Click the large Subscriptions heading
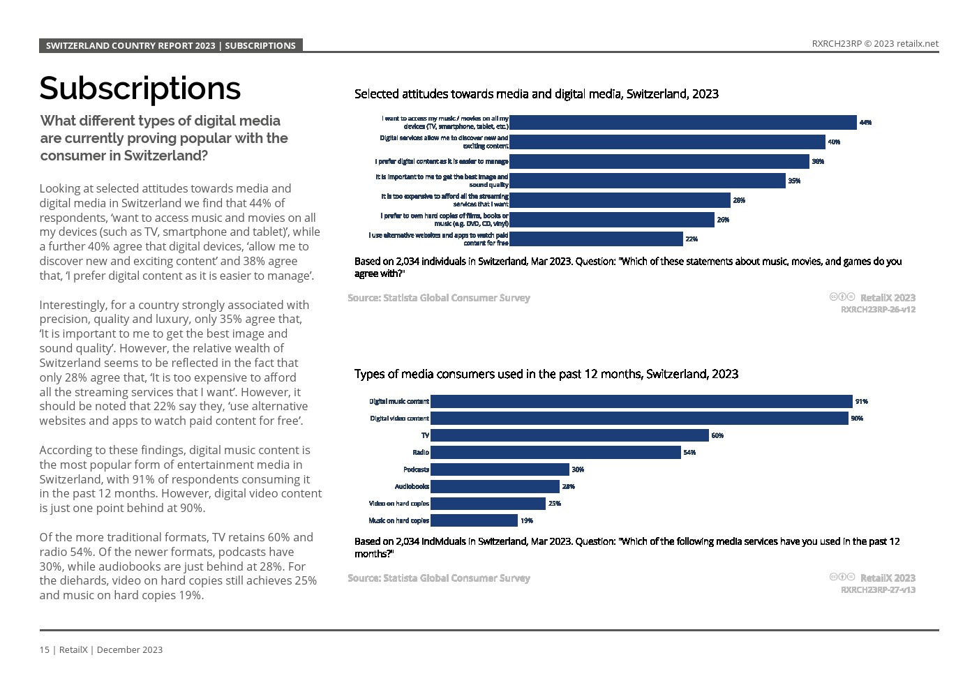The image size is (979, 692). click(x=140, y=89)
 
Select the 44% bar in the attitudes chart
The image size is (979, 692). click(x=682, y=122)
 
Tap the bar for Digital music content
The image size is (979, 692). click(x=641, y=401)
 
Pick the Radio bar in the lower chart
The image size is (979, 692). click(x=555, y=452)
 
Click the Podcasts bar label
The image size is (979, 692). click(x=416, y=469)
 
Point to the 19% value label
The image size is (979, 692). click(x=527, y=520)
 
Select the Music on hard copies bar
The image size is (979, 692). click(x=474, y=520)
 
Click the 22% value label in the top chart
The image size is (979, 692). click(x=692, y=239)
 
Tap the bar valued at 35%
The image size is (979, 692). click(x=647, y=181)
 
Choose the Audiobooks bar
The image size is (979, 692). click(x=495, y=486)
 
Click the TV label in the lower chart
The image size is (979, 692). click(x=425, y=435)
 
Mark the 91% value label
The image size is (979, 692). click(x=862, y=401)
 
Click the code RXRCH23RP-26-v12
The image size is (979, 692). click(x=878, y=309)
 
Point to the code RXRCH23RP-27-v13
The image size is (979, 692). click(x=878, y=589)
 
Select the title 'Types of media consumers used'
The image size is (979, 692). click(x=546, y=374)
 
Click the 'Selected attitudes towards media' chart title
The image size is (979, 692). click(x=536, y=93)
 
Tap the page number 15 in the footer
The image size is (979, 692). click(x=44, y=649)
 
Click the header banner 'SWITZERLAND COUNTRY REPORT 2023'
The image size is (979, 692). click(x=171, y=45)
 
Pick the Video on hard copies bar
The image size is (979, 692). click(x=488, y=503)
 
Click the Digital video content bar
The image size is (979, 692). click(x=639, y=418)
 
